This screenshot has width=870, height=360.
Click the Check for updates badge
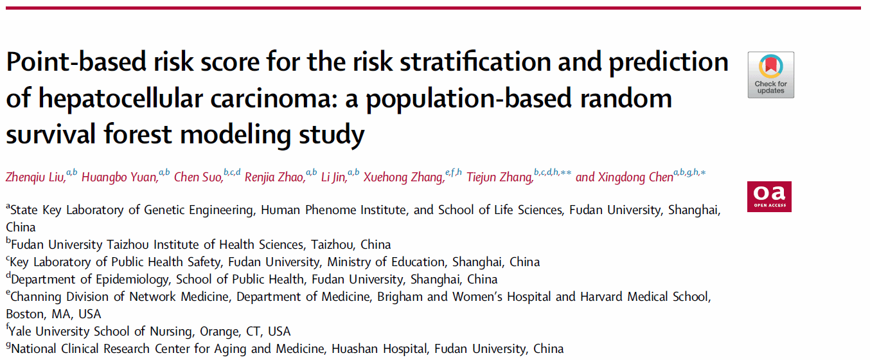[770, 75]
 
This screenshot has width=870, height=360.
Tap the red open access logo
[769, 196]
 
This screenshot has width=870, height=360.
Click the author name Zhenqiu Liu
[35, 177]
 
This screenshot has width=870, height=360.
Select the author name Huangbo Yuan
[120, 177]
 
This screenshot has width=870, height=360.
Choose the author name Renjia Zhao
[274, 177]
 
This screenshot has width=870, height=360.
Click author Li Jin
[333, 177]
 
